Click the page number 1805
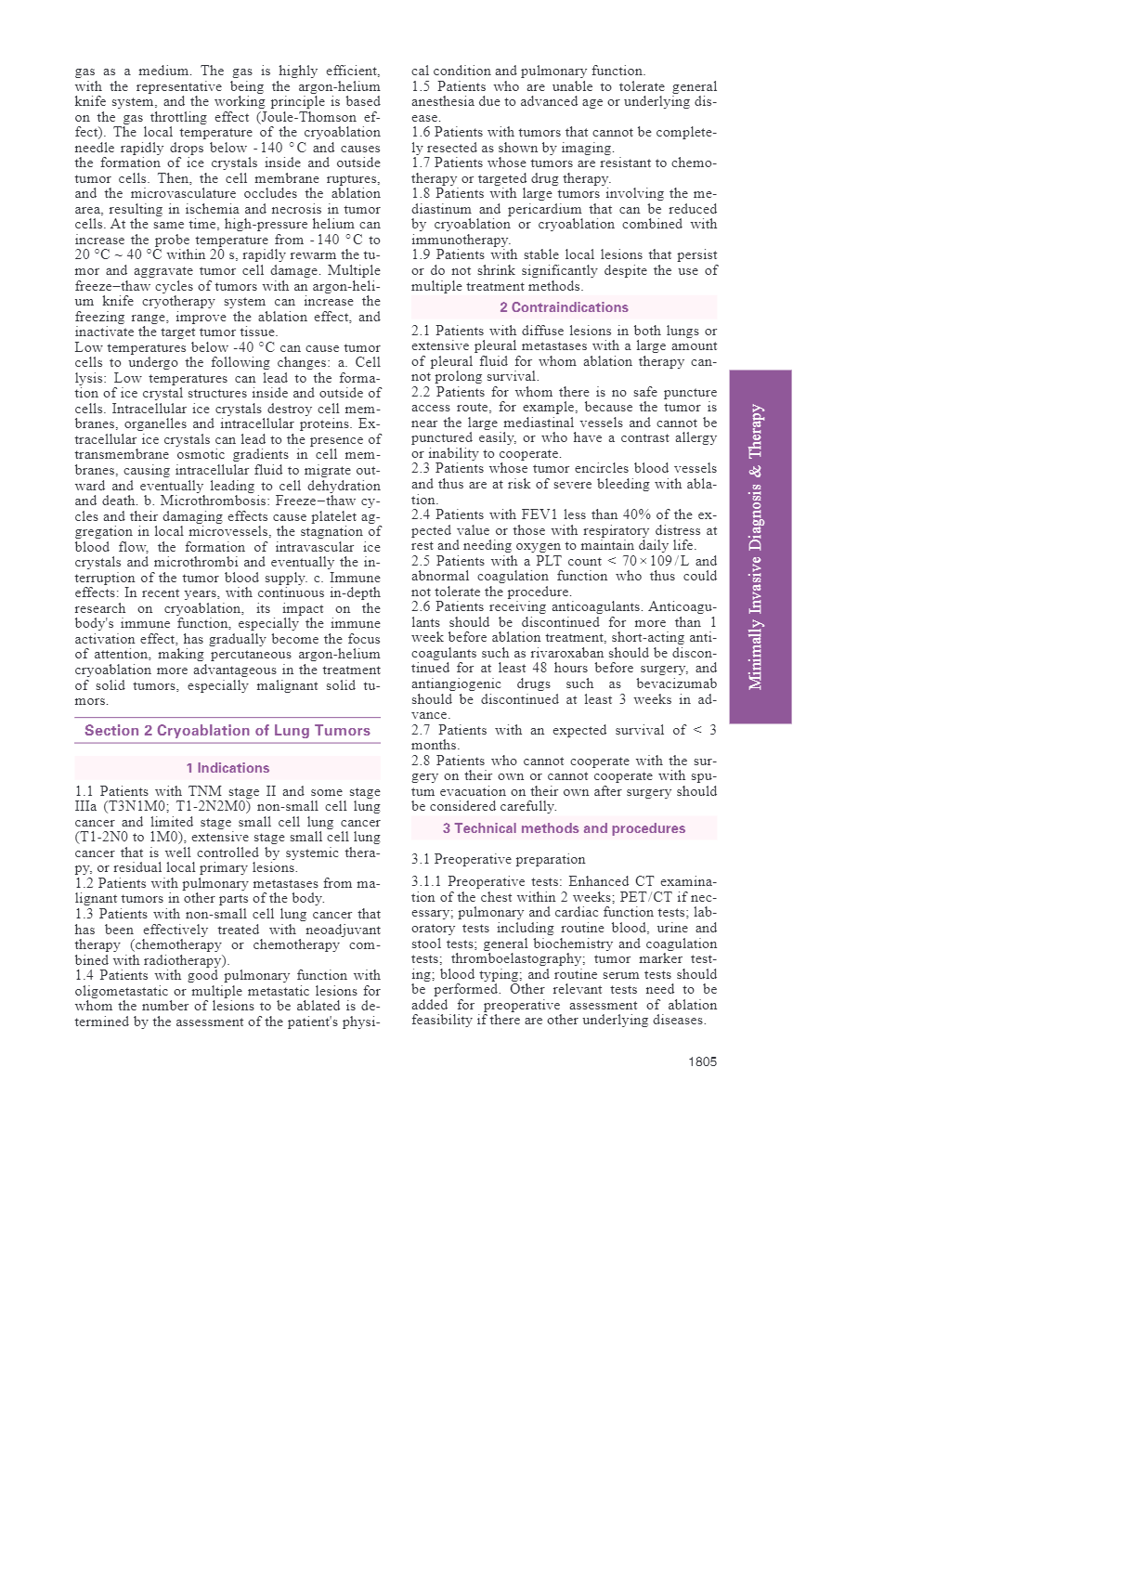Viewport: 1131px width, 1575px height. tap(702, 1061)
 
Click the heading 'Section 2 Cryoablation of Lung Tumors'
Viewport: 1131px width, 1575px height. tap(227, 731)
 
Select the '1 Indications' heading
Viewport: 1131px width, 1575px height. tap(227, 768)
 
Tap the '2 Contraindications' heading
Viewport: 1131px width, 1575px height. tap(564, 307)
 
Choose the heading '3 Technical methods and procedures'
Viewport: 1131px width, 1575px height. tap(564, 828)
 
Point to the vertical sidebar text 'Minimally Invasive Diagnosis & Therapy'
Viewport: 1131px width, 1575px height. tap(758, 547)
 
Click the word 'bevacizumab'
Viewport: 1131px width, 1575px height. tap(676, 684)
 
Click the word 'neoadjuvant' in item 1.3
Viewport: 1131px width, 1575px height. tap(343, 930)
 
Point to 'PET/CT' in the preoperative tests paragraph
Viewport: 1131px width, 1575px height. tap(645, 897)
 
